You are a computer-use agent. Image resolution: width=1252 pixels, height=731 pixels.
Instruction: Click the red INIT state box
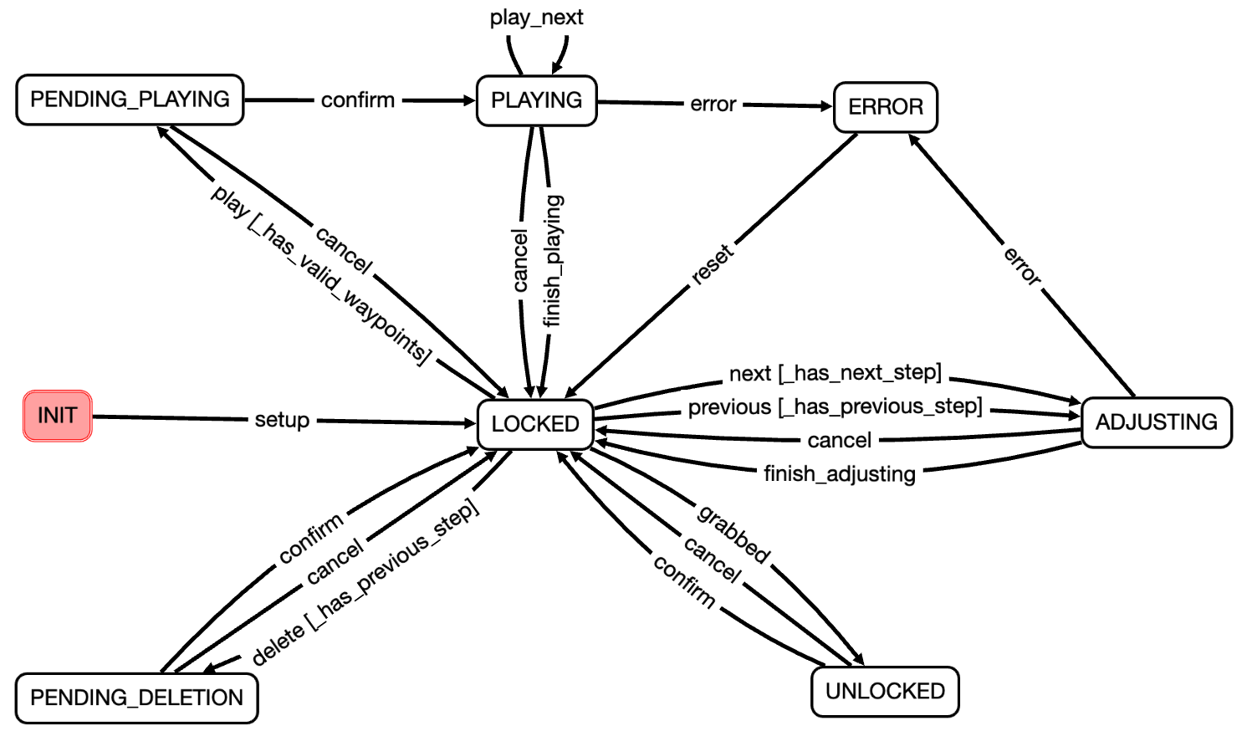coord(57,416)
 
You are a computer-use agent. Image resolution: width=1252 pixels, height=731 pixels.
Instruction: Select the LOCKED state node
coord(535,424)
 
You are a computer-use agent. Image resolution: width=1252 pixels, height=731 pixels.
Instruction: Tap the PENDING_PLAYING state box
coord(130,100)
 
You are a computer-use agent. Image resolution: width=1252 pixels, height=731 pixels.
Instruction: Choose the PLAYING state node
coord(536,100)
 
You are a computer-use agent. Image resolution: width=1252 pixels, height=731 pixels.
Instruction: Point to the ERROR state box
coord(886,107)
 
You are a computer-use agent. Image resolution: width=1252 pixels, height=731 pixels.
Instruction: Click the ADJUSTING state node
coord(1156,422)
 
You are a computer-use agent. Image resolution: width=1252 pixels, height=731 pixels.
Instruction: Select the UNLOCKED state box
coord(885,692)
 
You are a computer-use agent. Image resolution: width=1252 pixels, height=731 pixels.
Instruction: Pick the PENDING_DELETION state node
coord(136,698)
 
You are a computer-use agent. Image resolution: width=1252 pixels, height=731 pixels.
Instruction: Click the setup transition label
coord(282,420)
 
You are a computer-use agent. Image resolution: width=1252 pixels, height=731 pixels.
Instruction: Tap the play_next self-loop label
coord(536,18)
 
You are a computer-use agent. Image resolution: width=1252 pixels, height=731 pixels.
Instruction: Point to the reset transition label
coord(713,264)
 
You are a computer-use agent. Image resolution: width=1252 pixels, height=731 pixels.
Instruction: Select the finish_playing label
coord(553,260)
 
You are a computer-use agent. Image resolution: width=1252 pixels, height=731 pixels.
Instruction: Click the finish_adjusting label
coord(840,474)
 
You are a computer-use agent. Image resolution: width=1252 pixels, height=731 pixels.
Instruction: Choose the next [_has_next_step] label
coord(835,373)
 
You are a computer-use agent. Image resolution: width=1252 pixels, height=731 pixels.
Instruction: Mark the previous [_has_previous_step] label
coord(835,407)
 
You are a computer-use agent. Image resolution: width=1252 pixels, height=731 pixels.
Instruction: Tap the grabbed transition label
coord(733,534)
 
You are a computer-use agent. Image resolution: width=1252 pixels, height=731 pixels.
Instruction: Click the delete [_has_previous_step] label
coord(365,583)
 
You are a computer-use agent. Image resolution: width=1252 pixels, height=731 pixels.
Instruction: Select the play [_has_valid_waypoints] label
coord(321,275)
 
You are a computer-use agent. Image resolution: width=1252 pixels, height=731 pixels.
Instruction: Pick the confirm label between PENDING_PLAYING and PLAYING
coord(358,100)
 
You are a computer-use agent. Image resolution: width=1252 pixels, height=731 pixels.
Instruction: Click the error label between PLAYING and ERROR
coord(713,105)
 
